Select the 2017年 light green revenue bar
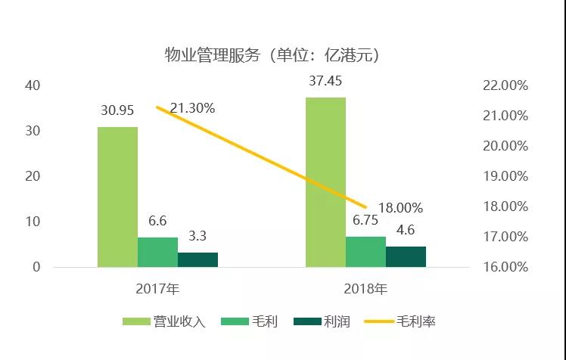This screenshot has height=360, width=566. pos(117,197)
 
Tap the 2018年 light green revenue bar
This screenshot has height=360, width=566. pos(325,182)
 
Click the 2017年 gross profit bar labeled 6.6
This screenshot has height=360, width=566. pos(157,252)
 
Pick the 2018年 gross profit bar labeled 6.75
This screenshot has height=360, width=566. pos(365,251)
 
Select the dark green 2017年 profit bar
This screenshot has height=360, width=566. pos(197,259)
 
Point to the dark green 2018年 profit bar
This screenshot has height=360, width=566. pos(406,256)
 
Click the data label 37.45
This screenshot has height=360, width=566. pos(325,81)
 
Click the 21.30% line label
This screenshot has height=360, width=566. pos(192,108)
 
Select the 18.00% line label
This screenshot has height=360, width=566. pos(400,207)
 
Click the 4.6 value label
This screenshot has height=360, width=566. pos(406,230)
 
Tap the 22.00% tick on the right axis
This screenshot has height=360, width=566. pos(504,85)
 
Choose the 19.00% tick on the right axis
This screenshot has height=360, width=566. pos(504,176)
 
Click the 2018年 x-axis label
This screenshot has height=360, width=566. pos(366,288)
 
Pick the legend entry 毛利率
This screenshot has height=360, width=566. pos(400,322)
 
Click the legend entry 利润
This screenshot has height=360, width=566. pos(325,322)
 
